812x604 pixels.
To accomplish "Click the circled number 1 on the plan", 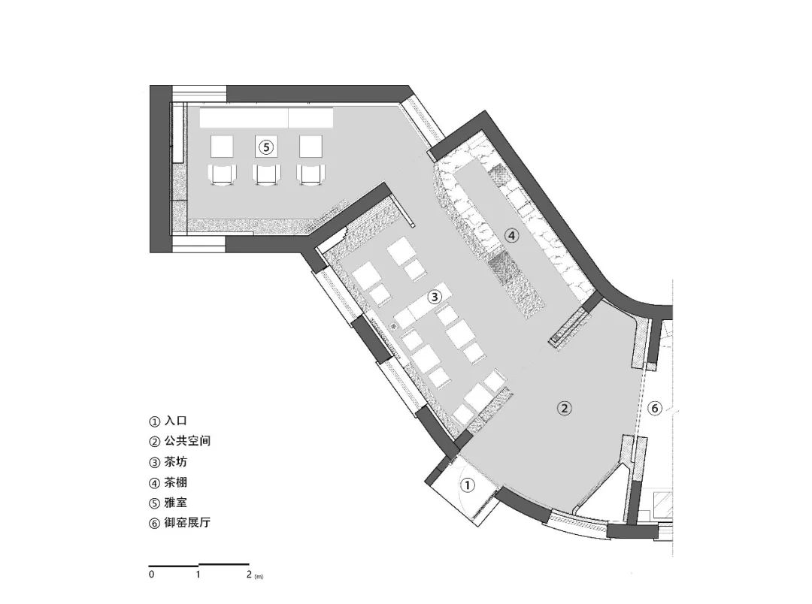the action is coord(467,485).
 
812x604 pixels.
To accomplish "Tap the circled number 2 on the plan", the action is coord(564,408).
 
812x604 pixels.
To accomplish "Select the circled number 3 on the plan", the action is coord(435,297).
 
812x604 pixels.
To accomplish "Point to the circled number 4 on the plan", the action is coord(511,236).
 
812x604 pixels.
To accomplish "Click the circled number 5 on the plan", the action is coord(265,147).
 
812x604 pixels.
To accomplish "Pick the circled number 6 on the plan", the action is coord(655,409).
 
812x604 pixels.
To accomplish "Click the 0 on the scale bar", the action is coord(151,574).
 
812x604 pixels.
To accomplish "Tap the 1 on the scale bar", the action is coord(198,574).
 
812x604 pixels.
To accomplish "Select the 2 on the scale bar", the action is coord(249,574).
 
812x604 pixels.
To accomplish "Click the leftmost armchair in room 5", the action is coord(222,174).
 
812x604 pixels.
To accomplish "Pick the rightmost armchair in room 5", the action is coord(311,174).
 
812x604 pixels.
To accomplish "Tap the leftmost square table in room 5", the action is coord(222,146).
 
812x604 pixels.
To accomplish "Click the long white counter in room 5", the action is coord(266,117).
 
